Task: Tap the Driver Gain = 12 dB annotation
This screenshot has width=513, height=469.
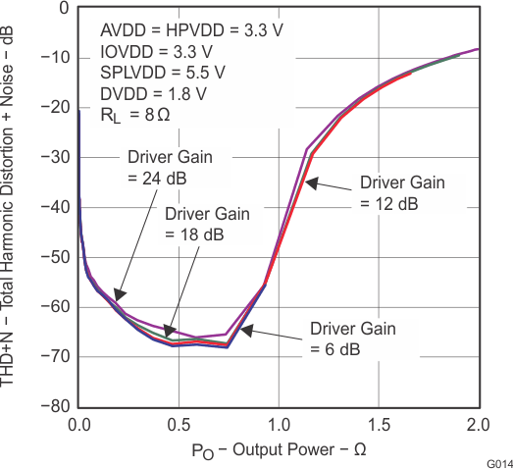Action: pyautogui.click(x=402, y=192)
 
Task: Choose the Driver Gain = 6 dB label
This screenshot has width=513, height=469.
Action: pyautogui.click(x=353, y=339)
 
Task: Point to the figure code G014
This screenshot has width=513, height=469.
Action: pyautogui.click(x=498, y=461)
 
